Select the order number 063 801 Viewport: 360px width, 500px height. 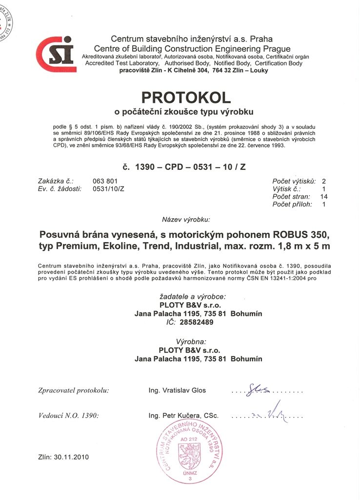(105, 181)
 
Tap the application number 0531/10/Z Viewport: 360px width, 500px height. (108, 189)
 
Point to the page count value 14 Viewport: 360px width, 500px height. (324, 197)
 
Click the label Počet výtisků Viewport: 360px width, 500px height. (294, 181)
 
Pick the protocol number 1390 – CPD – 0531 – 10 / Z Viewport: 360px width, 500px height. (185, 167)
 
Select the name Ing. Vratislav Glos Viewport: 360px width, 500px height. (177, 390)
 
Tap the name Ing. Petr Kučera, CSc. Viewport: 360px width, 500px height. (183, 416)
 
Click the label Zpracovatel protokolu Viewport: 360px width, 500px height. (73, 390)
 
